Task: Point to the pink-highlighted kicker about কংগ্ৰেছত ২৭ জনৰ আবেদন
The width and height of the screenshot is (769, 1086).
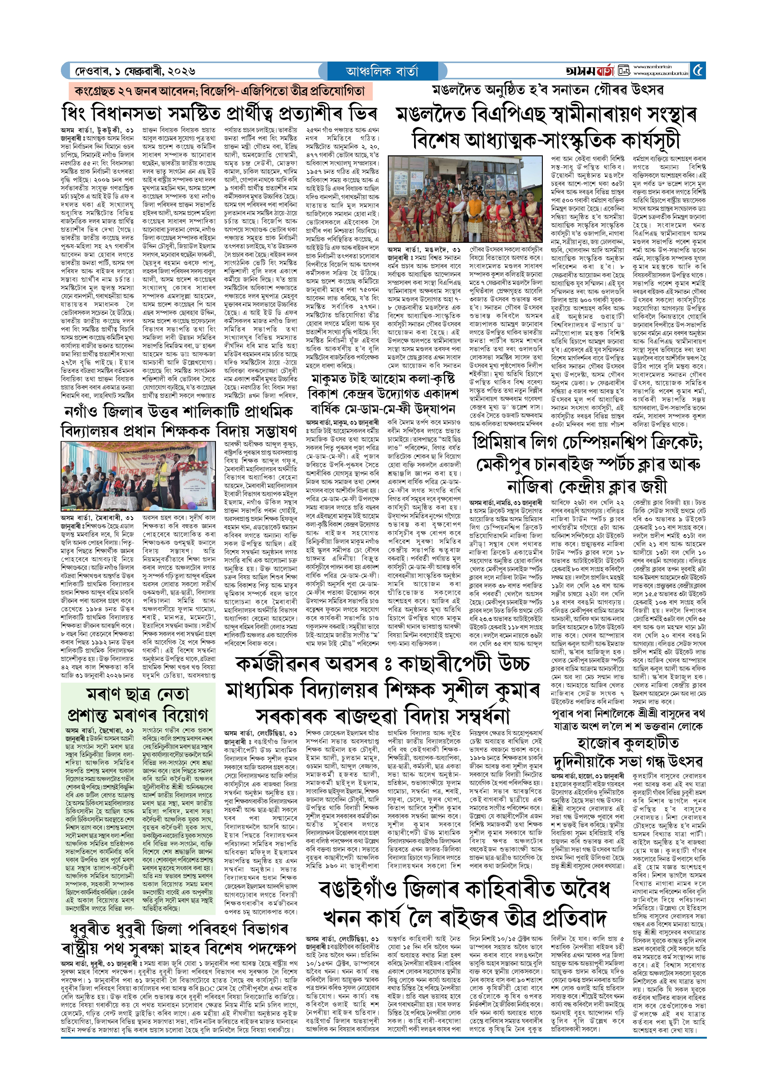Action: point(220,91)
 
